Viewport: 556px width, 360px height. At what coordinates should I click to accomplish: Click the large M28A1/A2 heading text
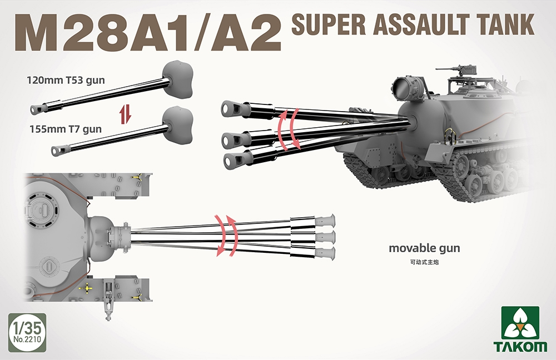point(148,34)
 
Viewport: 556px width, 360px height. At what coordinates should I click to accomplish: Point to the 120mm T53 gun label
point(66,81)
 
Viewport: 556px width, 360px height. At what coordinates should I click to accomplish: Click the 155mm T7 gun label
point(66,129)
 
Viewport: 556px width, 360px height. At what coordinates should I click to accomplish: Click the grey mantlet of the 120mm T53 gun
point(178,79)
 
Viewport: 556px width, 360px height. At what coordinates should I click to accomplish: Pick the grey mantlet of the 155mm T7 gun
point(178,124)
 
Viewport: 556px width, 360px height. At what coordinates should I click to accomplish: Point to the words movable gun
point(424,248)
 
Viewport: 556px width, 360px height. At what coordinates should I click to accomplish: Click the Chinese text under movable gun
point(424,263)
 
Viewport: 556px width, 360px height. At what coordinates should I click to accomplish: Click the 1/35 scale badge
point(27,332)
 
